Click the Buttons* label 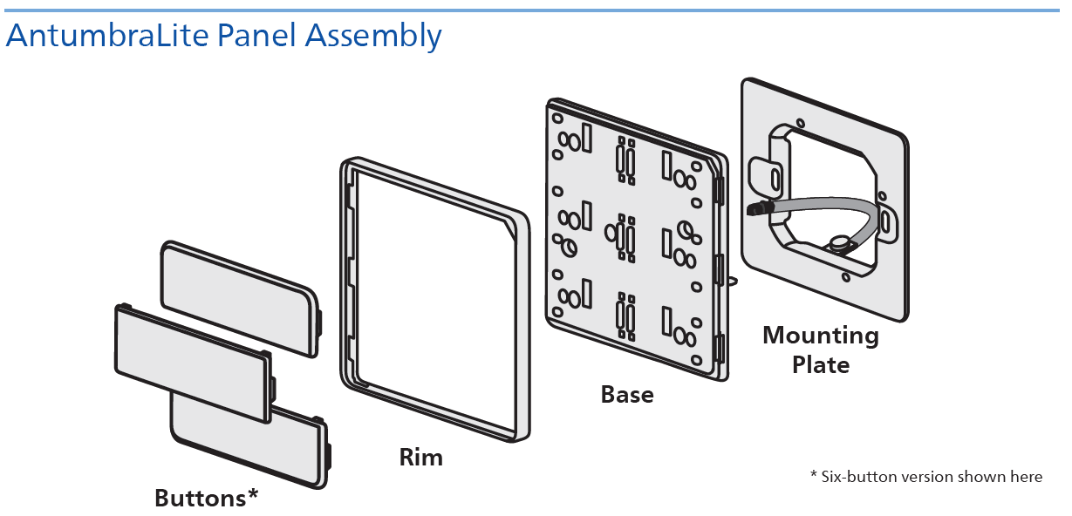point(207,498)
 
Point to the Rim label point(420,457)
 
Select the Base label point(627,395)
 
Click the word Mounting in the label point(821,336)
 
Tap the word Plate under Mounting point(821,363)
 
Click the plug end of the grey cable point(757,209)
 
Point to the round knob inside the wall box point(839,243)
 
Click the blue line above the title point(536,10)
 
